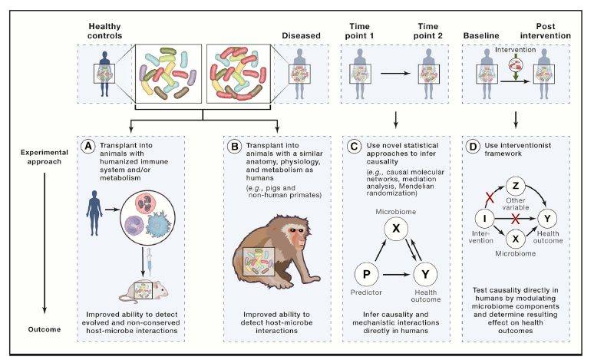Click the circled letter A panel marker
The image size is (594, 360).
pos(89,144)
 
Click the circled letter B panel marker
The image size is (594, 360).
pos(226,144)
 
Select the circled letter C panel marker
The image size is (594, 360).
pos(352,144)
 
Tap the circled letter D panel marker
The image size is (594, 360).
pos(473,144)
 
